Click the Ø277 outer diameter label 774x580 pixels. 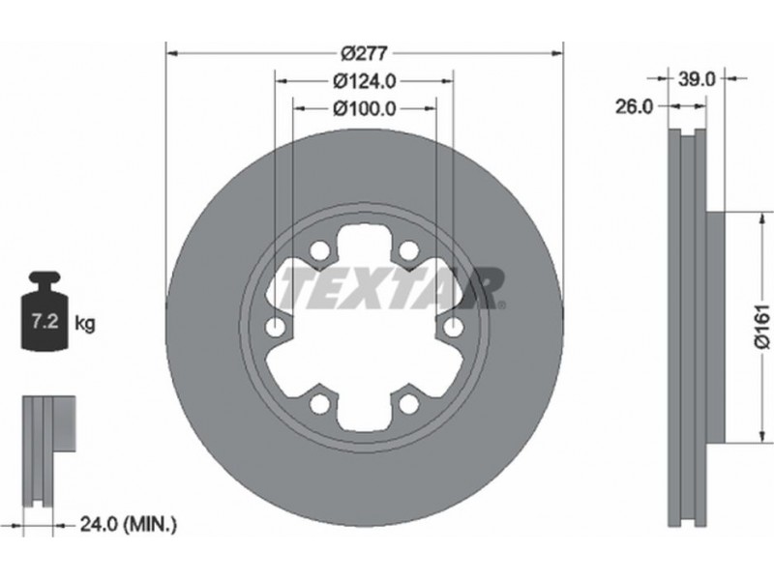click(x=365, y=53)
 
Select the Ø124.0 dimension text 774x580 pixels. click(x=365, y=81)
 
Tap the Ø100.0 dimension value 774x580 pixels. click(x=365, y=108)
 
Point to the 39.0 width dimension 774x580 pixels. click(x=696, y=79)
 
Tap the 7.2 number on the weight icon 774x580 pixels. click(x=45, y=323)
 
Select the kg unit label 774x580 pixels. click(x=85, y=324)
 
